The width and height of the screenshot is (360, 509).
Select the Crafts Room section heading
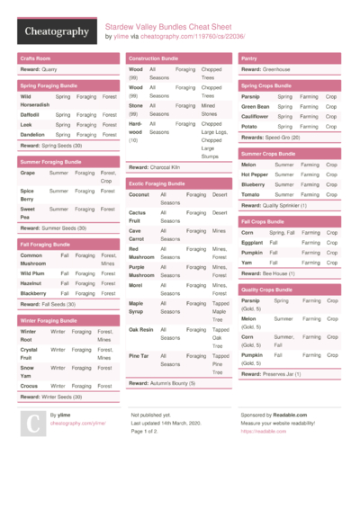point(35,58)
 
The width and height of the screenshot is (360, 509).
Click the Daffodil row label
point(30,115)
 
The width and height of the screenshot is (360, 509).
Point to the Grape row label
point(27,173)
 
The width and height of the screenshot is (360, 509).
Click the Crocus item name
point(29,386)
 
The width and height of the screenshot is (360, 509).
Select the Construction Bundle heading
point(154,58)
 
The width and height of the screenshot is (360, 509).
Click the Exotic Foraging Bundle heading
point(157,183)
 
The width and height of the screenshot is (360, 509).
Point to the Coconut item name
point(139,194)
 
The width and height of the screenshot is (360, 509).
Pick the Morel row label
point(135,285)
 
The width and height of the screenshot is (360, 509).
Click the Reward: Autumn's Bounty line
point(162,383)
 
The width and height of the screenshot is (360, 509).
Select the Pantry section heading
point(249,58)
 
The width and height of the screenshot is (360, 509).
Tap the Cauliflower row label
point(256,116)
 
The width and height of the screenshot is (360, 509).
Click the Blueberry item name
point(254,184)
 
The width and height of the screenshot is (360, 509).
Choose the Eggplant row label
point(253,242)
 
